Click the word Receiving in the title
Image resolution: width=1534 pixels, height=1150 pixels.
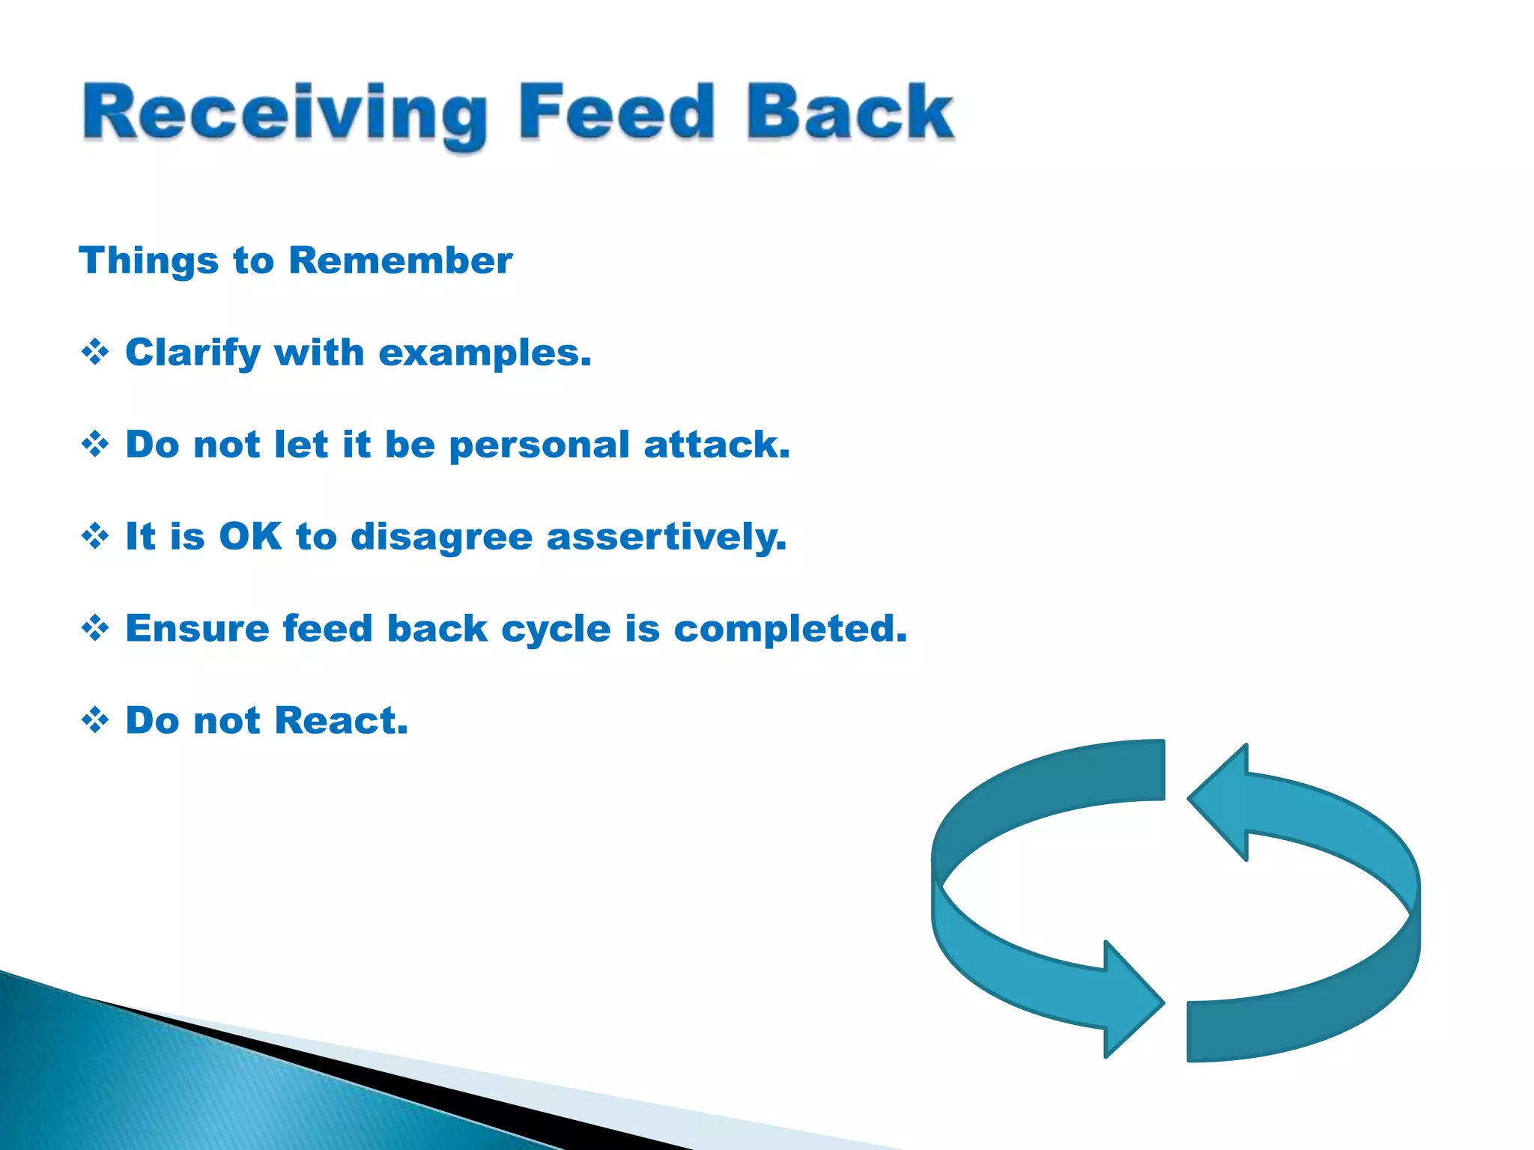click(284, 114)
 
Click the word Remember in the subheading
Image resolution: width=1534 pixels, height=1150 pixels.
click(400, 261)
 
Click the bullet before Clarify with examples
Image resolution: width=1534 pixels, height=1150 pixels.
click(95, 352)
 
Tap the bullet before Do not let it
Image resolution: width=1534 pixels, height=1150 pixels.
click(95, 444)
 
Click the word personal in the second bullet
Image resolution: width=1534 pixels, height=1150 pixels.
click(539, 445)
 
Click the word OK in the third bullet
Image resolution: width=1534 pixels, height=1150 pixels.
click(250, 536)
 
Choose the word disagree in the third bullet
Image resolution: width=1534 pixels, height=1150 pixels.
click(441, 538)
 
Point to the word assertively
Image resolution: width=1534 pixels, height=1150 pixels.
click(667, 538)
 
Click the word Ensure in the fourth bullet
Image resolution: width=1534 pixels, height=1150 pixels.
click(197, 628)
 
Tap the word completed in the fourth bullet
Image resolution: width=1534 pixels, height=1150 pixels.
click(789, 629)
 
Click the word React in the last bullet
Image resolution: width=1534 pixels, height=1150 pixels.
click(341, 720)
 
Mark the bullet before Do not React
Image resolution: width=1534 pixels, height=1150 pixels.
click(95, 720)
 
